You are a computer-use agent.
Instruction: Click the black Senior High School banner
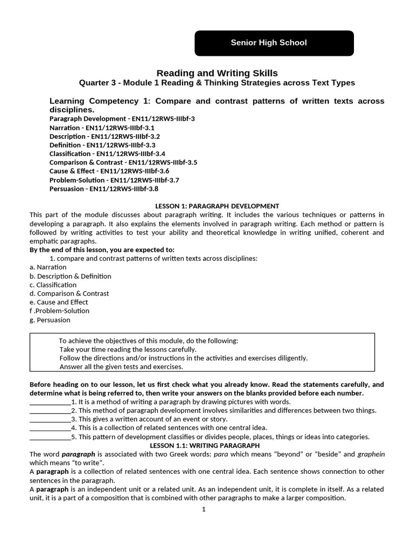274,43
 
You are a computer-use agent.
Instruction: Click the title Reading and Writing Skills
217,73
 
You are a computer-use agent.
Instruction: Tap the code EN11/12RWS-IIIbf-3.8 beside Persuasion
124,189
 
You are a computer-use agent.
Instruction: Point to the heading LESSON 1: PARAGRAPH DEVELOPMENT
217,206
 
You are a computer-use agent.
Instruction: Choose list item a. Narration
48,267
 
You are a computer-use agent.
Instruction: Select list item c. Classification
53,285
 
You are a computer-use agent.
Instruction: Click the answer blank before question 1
50,402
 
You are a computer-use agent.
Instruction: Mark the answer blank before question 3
50,419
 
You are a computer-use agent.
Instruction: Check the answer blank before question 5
50,437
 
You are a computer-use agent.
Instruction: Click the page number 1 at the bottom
203,509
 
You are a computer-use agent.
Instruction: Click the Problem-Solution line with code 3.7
114,180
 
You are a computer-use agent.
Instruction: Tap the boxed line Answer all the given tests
121,366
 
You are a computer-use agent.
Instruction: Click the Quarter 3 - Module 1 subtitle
217,83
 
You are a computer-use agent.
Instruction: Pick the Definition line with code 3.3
102,145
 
